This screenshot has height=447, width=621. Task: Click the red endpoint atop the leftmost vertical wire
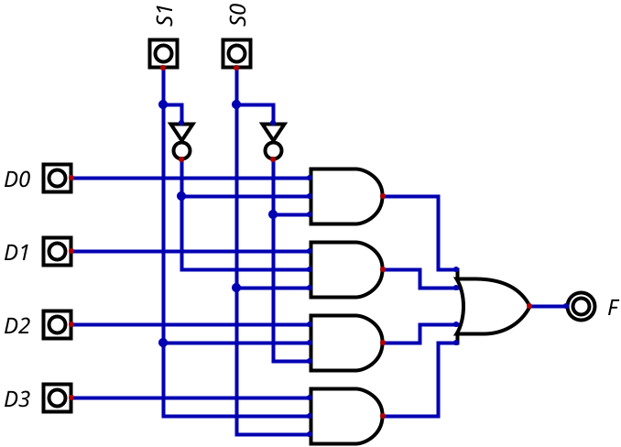pyautogui.click(x=163, y=68)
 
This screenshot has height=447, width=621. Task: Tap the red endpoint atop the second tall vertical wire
pyautogui.click(x=236, y=68)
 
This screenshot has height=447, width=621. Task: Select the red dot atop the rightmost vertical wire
pyautogui.click(x=273, y=159)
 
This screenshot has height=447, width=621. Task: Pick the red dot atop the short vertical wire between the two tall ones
pyautogui.click(x=181, y=159)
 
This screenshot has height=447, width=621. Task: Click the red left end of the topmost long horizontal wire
pyautogui.click(x=71, y=178)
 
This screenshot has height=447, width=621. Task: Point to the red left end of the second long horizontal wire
pyautogui.click(x=71, y=251)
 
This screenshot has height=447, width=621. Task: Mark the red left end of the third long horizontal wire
pyautogui.click(x=71, y=324)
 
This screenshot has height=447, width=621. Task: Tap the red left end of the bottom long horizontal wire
pyautogui.click(x=71, y=398)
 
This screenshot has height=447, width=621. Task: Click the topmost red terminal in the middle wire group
pyautogui.click(x=383, y=196)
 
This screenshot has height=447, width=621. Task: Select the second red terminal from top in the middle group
pyautogui.click(x=383, y=269)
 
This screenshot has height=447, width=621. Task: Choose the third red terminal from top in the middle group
pyautogui.click(x=383, y=343)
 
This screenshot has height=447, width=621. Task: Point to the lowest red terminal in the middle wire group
pyautogui.click(x=383, y=416)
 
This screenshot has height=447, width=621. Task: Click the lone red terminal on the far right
pyautogui.click(x=529, y=306)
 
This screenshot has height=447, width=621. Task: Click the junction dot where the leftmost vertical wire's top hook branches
pyautogui.click(x=163, y=104)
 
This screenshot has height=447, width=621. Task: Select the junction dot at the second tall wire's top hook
pyautogui.click(x=236, y=104)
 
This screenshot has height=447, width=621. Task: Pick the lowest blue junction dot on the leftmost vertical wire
pyautogui.click(x=163, y=343)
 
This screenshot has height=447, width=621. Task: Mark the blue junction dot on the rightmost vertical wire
pyautogui.click(x=273, y=214)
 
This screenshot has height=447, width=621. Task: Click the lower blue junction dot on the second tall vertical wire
pyautogui.click(x=236, y=288)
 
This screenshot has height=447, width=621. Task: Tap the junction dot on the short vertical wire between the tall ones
pyautogui.click(x=181, y=196)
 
